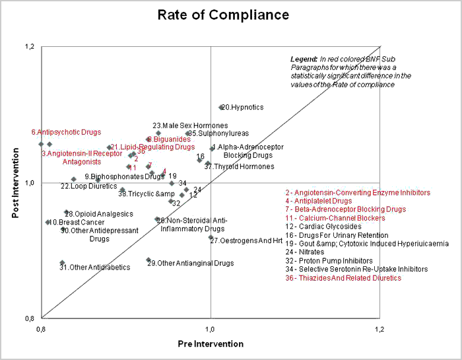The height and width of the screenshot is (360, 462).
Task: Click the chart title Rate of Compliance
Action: click(223, 15)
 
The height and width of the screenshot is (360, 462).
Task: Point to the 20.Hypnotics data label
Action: click(242, 107)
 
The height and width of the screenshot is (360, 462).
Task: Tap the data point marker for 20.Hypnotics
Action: click(221, 107)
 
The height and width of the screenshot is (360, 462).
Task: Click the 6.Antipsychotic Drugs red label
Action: click(66, 132)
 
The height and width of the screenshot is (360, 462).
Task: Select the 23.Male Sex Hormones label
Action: click(190, 126)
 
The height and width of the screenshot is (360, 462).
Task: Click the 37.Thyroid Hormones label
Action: click(239, 166)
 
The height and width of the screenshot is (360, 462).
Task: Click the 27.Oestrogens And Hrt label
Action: click(246, 241)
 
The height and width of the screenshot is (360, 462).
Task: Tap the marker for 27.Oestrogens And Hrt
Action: click(211, 237)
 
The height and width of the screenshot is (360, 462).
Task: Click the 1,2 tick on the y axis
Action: click(28, 47)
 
